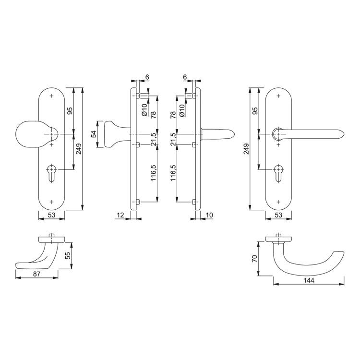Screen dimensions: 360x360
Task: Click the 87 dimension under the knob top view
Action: [x=37, y=274]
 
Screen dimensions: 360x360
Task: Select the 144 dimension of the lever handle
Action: [x=309, y=280]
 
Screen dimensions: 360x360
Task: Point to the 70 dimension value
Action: [x=254, y=259]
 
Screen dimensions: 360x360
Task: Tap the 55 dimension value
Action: [x=68, y=255]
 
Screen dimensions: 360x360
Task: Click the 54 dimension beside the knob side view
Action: [x=94, y=134]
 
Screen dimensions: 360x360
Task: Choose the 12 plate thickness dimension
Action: [x=120, y=215]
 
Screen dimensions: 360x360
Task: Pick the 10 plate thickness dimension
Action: [x=209, y=215]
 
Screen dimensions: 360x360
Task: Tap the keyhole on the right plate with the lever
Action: [x=278, y=173]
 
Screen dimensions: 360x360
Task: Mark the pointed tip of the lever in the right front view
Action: [x=344, y=134]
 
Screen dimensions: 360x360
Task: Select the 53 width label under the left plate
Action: [x=52, y=215]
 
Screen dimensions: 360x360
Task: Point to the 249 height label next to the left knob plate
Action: [x=78, y=149]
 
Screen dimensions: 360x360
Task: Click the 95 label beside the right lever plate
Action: [x=255, y=111]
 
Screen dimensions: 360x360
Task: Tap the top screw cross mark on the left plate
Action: [x=51, y=96]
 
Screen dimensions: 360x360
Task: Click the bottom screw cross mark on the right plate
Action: [x=278, y=202]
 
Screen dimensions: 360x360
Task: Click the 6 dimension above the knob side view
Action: [x=147, y=77]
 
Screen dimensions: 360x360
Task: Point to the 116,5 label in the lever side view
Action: [x=173, y=173]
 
